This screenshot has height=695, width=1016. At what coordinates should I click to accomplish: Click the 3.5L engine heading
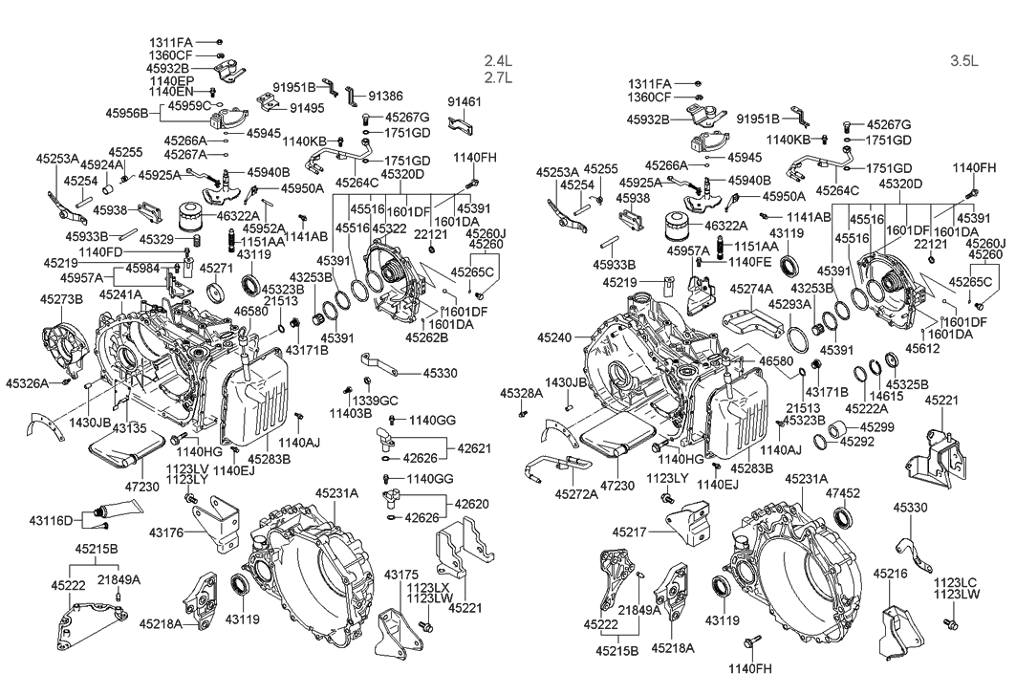pos(963,60)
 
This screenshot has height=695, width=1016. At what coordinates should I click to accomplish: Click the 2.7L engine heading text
pos(498,77)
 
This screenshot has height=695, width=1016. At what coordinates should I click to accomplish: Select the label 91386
pos(385,97)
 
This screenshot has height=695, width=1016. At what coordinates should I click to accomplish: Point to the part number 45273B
pos(61,299)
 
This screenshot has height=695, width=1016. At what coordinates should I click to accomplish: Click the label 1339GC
pos(375,400)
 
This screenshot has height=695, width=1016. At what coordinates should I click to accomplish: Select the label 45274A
pos(751,288)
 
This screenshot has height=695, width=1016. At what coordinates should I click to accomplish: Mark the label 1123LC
pos(956,582)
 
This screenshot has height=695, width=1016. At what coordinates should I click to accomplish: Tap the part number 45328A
pos(523,394)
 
